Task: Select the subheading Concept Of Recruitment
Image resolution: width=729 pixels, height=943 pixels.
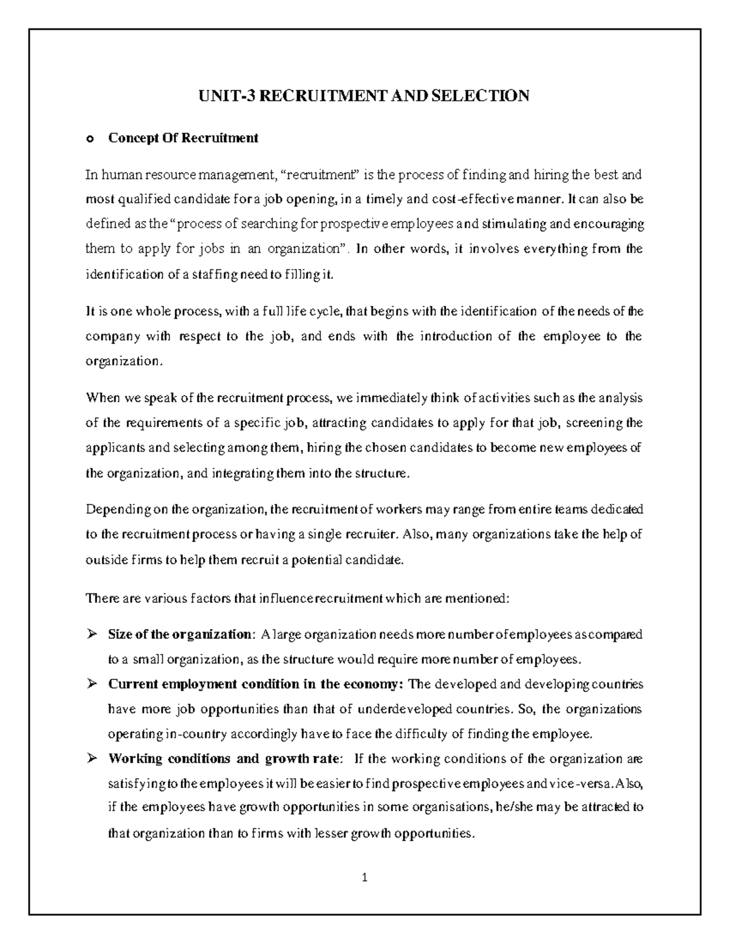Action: tap(183, 138)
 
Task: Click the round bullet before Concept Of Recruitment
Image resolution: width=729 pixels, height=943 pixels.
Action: tap(90, 139)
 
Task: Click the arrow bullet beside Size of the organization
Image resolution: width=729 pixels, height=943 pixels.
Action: tap(92, 635)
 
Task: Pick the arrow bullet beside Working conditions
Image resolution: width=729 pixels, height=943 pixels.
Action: tap(92, 758)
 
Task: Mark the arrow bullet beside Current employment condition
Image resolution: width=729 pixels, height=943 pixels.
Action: tap(92, 684)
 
